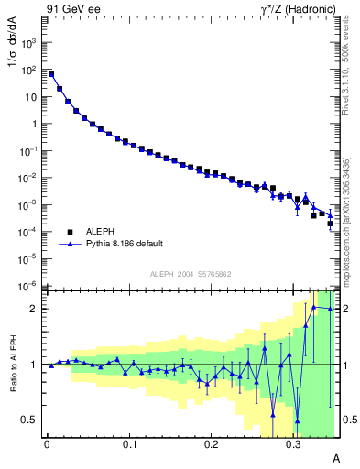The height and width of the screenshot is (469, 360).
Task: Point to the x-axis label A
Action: tap(336, 457)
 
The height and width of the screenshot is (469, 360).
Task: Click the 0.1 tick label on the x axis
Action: tap(129, 444)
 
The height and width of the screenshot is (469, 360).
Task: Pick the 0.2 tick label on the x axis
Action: tap(212, 444)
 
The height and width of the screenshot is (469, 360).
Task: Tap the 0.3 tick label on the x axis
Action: tap(294, 444)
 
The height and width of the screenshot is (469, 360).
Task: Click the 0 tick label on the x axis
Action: tap(47, 444)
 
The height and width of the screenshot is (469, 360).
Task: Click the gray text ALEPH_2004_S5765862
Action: tap(190, 275)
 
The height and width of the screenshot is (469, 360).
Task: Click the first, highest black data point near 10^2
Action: tap(51, 74)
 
